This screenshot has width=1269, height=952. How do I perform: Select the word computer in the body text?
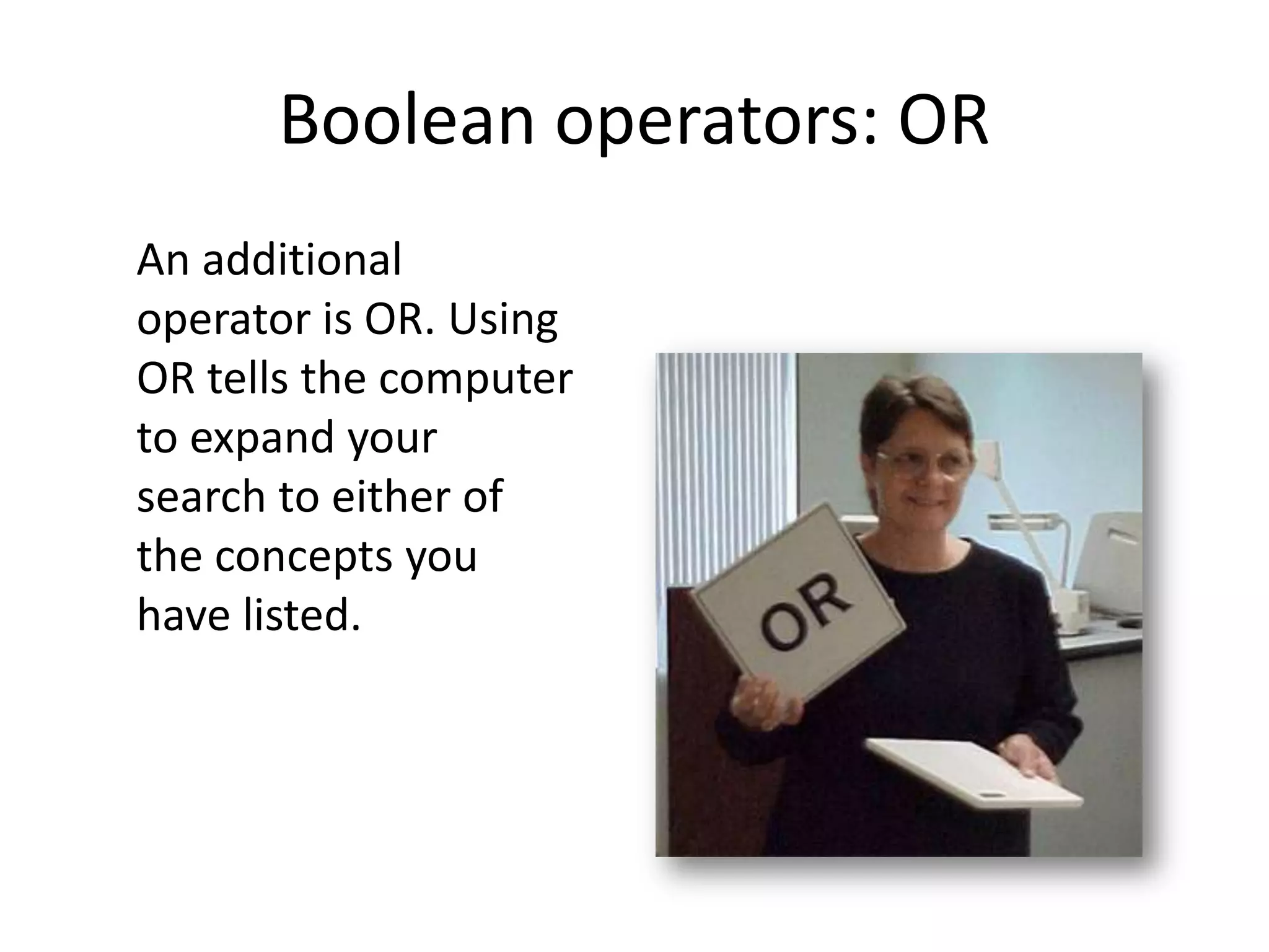point(475,379)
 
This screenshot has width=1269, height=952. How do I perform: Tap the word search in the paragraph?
point(201,497)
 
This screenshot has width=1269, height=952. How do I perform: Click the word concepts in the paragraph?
point(304,557)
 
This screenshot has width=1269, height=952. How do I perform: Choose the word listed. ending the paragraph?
point(301,615)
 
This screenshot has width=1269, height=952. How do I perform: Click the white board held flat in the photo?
point(973,772)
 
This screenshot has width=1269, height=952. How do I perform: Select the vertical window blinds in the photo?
point(725,465)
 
